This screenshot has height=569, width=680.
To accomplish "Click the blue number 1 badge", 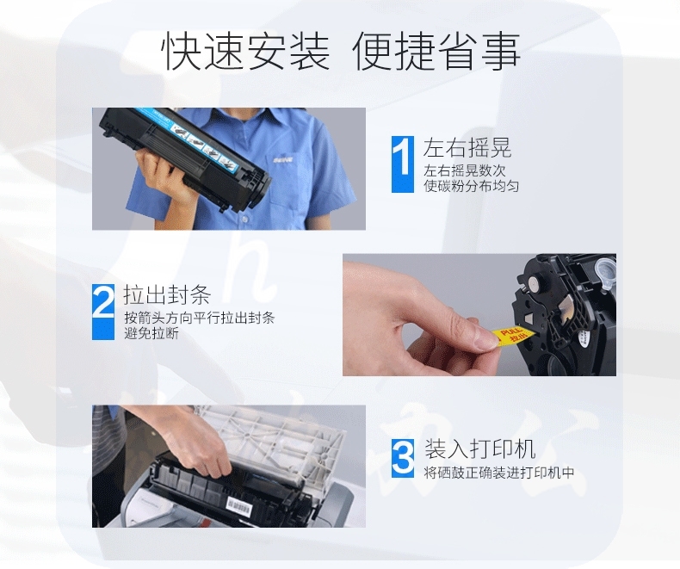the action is [403, 164].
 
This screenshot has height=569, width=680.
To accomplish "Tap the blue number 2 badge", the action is [103, 312].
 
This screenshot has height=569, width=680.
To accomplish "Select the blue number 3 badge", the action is [403, 458].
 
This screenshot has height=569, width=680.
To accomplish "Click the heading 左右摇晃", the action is [467, 147].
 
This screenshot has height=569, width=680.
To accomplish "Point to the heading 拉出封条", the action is [167, 295].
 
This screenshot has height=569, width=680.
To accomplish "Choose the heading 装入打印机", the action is [479, 448].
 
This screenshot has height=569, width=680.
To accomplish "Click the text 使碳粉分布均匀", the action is [472, 186].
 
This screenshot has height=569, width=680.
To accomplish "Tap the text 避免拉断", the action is [151, 333].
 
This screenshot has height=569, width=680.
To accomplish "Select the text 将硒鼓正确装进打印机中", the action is [499, 473].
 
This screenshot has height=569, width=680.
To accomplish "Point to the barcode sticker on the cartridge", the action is [239, 505].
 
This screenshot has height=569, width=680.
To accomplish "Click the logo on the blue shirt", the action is [282, 160].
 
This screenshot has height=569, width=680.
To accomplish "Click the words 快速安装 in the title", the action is [245, 52].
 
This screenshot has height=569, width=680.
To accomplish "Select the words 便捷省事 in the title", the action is [436, 52].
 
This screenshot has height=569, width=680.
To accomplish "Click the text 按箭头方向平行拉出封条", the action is [199, 318].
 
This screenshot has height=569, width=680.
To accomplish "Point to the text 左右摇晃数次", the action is [465, 170].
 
